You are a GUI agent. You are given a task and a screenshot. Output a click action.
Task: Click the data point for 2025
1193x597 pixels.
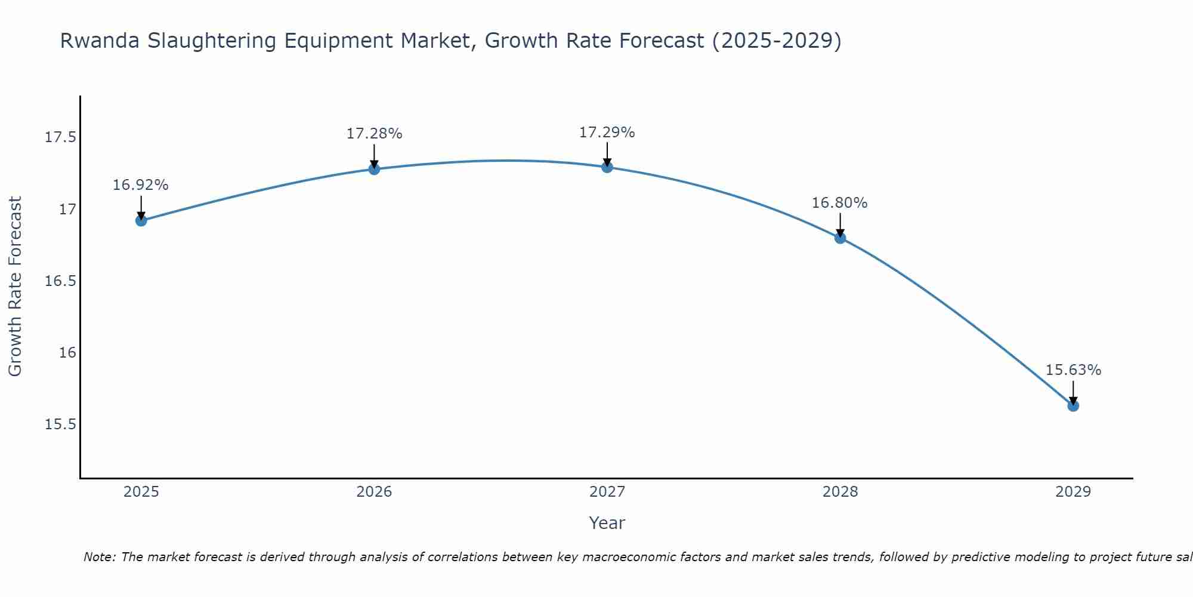pos(141,220)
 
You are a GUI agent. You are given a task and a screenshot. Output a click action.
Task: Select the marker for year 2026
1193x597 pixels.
pos(374,169)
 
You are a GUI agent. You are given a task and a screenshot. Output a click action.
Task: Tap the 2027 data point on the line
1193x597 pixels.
pos(607,167)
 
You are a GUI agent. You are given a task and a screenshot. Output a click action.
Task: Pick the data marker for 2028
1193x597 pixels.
pos(840,238)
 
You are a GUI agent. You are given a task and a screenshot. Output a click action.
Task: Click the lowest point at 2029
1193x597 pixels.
pos(1073,405)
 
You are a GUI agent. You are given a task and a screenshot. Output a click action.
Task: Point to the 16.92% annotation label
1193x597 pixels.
pos(141,185)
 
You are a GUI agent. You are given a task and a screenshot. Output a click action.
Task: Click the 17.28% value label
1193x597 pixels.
pos(374,134)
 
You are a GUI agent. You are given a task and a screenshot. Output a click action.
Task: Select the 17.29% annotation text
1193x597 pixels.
pos(607,133)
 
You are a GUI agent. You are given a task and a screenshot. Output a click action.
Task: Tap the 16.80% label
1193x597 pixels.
pos(840,203)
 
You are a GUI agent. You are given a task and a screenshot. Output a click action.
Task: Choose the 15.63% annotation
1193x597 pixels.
pos(1073,370)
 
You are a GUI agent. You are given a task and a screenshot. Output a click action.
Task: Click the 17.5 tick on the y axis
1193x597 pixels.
pos(61,138)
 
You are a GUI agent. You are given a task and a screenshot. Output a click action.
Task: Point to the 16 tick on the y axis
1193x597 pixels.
pos(67,353)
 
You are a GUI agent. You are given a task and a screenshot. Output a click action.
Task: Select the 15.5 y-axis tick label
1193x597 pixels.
pos(61,424)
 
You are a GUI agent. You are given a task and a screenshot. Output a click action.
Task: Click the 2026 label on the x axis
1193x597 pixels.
pos(374,492)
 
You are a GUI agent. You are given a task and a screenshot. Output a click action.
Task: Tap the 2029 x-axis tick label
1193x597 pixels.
pos(1073,492)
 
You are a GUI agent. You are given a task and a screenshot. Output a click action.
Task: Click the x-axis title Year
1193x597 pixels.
pos(607,523)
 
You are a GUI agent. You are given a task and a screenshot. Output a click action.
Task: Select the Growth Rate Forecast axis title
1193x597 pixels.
pos(15,287)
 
